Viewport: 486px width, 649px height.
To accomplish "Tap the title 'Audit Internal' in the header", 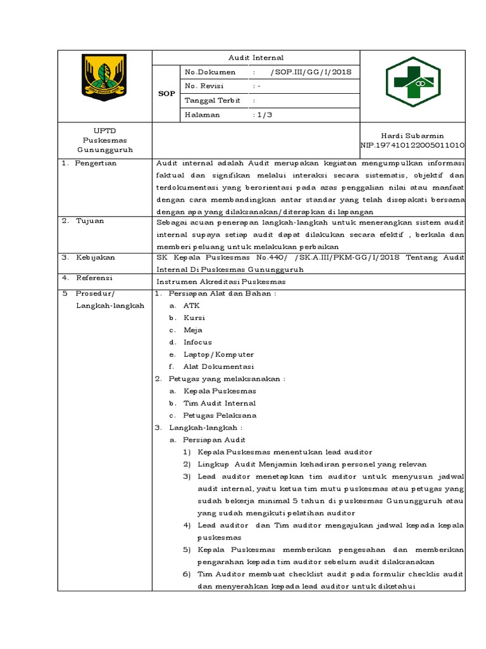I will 256,58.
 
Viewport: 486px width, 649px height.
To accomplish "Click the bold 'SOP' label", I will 166,93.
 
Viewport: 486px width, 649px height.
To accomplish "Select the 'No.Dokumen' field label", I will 209,72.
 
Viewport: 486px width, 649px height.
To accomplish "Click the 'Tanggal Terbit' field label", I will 212,100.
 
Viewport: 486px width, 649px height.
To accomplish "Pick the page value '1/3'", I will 261,115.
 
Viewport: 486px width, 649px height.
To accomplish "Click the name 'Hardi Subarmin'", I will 412,136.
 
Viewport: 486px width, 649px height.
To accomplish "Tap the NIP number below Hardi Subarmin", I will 412,145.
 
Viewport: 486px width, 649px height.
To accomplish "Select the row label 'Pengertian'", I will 96,163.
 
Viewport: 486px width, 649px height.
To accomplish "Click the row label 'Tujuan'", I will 90,221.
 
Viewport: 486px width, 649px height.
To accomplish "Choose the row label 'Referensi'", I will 94,278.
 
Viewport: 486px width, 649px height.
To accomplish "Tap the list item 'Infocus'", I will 197,342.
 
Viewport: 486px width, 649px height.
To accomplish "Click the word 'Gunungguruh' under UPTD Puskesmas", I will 105,150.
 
